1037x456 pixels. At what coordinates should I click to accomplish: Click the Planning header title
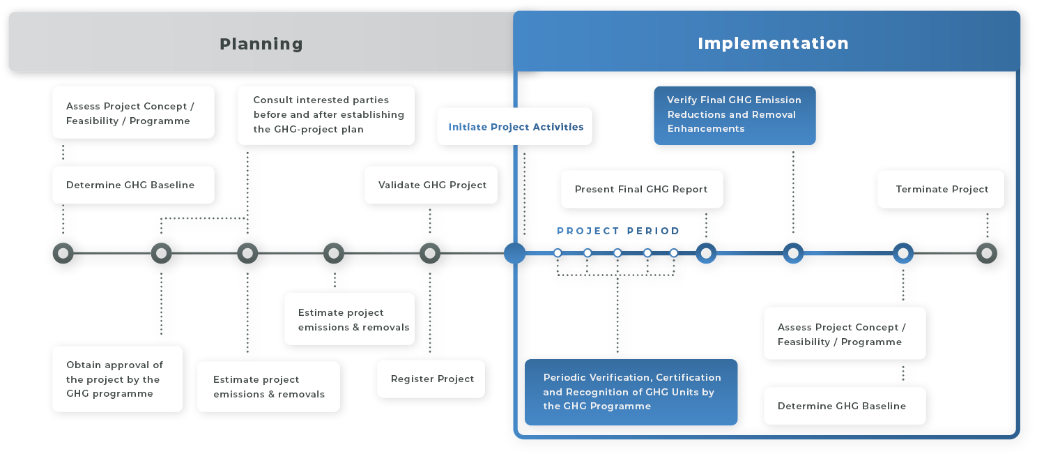(x=261, y=44)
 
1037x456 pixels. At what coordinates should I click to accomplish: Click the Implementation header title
(x=773, y=43)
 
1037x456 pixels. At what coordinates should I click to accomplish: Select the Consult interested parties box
(x=328, y=114)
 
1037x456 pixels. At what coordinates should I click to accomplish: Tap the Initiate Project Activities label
(x=516, y=127)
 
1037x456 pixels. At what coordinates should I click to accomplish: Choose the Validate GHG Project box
(x=432, y=185)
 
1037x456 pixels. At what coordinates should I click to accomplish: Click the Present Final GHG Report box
(x=640, y=189)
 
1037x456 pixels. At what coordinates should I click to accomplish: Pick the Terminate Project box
(x=942, y=189)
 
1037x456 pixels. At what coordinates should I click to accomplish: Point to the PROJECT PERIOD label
(x=618, y=231)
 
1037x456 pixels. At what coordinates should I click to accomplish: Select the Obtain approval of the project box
(x=115, y=379)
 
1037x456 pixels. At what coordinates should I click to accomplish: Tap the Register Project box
(x=432, y=379)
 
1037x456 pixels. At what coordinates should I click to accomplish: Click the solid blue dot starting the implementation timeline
(x=514, y=253)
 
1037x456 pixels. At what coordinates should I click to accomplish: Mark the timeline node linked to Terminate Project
(x=986, y=253)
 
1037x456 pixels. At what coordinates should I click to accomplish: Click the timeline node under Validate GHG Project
(x=430, y=253)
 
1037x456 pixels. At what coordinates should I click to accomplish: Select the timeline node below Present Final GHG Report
(x=706, y=253)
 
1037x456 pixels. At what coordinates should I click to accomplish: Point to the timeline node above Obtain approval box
(x=161, y=253)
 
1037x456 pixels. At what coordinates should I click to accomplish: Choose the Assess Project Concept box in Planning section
(x=130, y=114)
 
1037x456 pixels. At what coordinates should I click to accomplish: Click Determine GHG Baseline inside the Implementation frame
(x=842, y=406)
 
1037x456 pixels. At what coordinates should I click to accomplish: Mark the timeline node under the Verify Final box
(x=792, y=253)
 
